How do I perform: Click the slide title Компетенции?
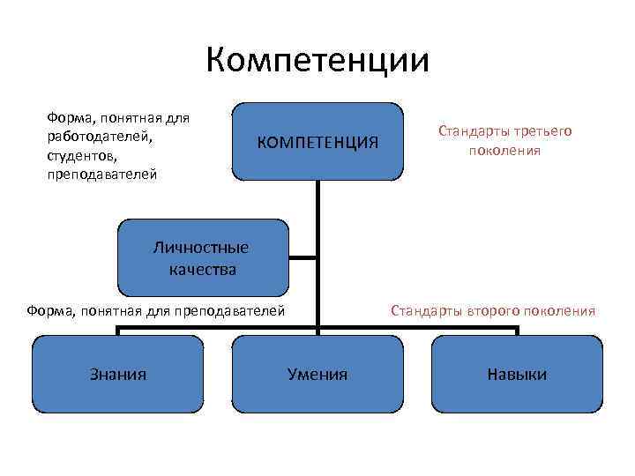(x=317, y=61)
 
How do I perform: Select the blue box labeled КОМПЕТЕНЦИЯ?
(x=317, y=142)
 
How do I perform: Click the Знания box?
(x=118, y=374)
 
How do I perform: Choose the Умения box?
(x=317, y=374)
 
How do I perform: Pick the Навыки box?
(x=517, y=374)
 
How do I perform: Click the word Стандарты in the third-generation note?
(x=474, y=131)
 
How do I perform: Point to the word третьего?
(x=542, y=131)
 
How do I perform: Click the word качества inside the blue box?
(x=202, y=270)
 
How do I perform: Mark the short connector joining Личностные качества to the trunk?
(x=303, y=258)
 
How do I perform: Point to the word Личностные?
(x=201, y=248)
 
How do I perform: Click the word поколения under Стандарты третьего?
(x=504, y=150)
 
